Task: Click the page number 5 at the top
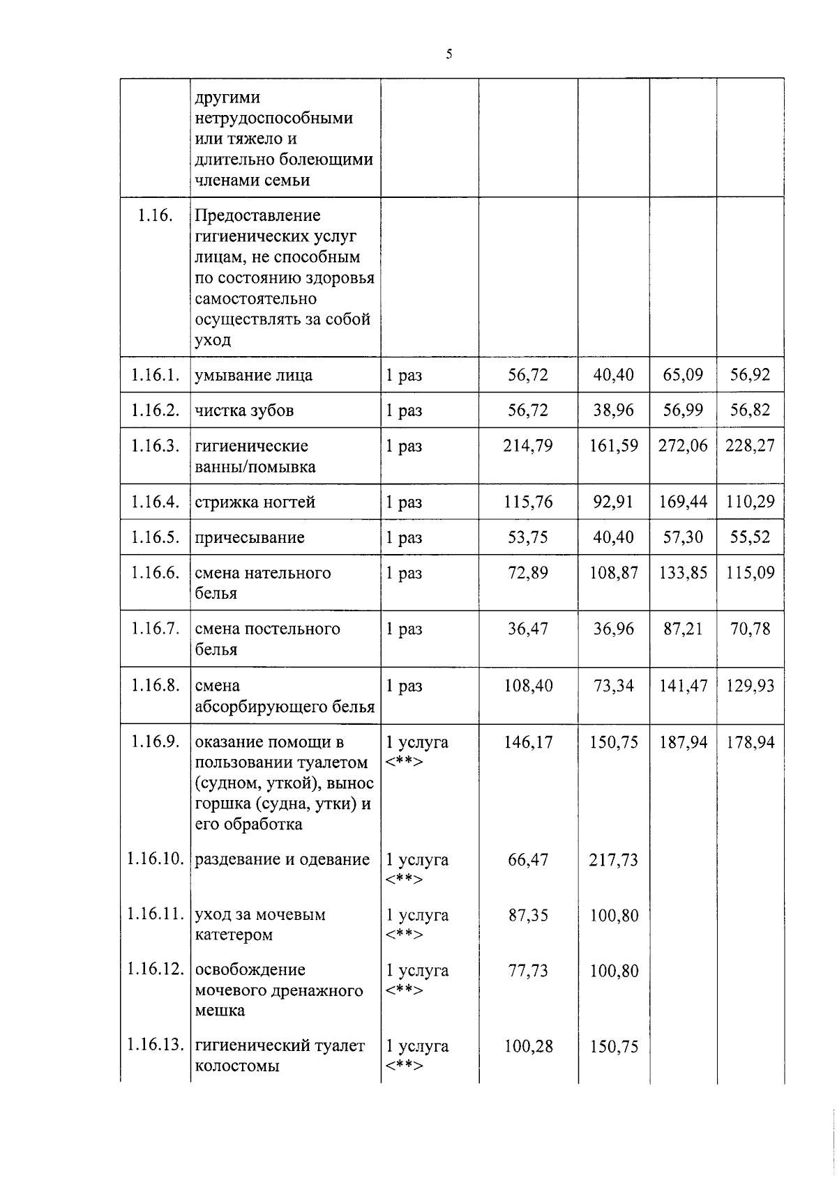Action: [449, 54]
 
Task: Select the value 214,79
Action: [528, 445]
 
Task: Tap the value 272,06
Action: [683, 445]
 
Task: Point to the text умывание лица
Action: [253, 375]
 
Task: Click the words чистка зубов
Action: [244, 410]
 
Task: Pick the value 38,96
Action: [614, 410]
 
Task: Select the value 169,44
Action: [683, 502]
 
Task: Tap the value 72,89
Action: [528, 573]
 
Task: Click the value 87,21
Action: [683, 629]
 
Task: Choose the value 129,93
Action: [750, 686]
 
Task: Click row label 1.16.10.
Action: [156, 859]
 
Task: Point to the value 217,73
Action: [614, 859]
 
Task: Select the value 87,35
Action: [528, 915]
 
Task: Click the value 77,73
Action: [528, 971]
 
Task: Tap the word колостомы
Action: [237, 1066]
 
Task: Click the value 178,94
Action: [750, 742]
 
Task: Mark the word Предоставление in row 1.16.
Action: [257, 215]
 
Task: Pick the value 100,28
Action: [528, 1046]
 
